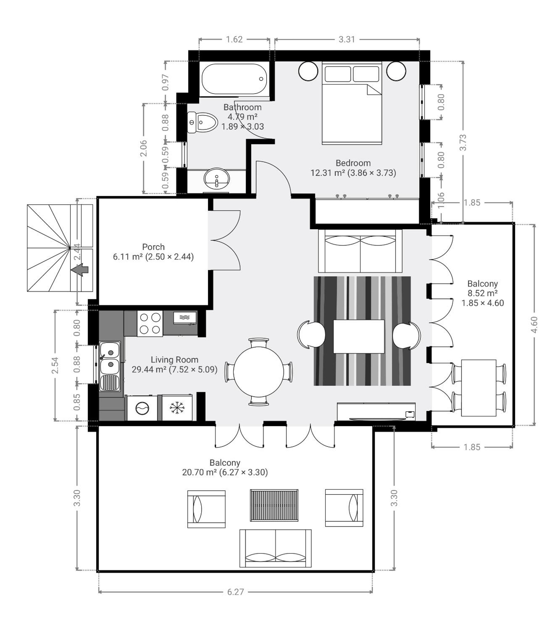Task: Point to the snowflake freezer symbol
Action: pos(177,408)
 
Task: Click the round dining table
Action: pos(259,372)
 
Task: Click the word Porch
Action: pos(153,247)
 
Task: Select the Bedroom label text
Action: pos(353,163)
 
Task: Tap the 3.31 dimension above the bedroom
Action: pos(347,40)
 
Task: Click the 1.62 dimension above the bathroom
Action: pos(234,40)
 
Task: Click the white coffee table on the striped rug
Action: pos(359,337)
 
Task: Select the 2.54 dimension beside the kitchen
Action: pos(56,365)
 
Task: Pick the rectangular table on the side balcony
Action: pos(479,388)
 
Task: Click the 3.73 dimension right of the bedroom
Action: pos(463,143)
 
